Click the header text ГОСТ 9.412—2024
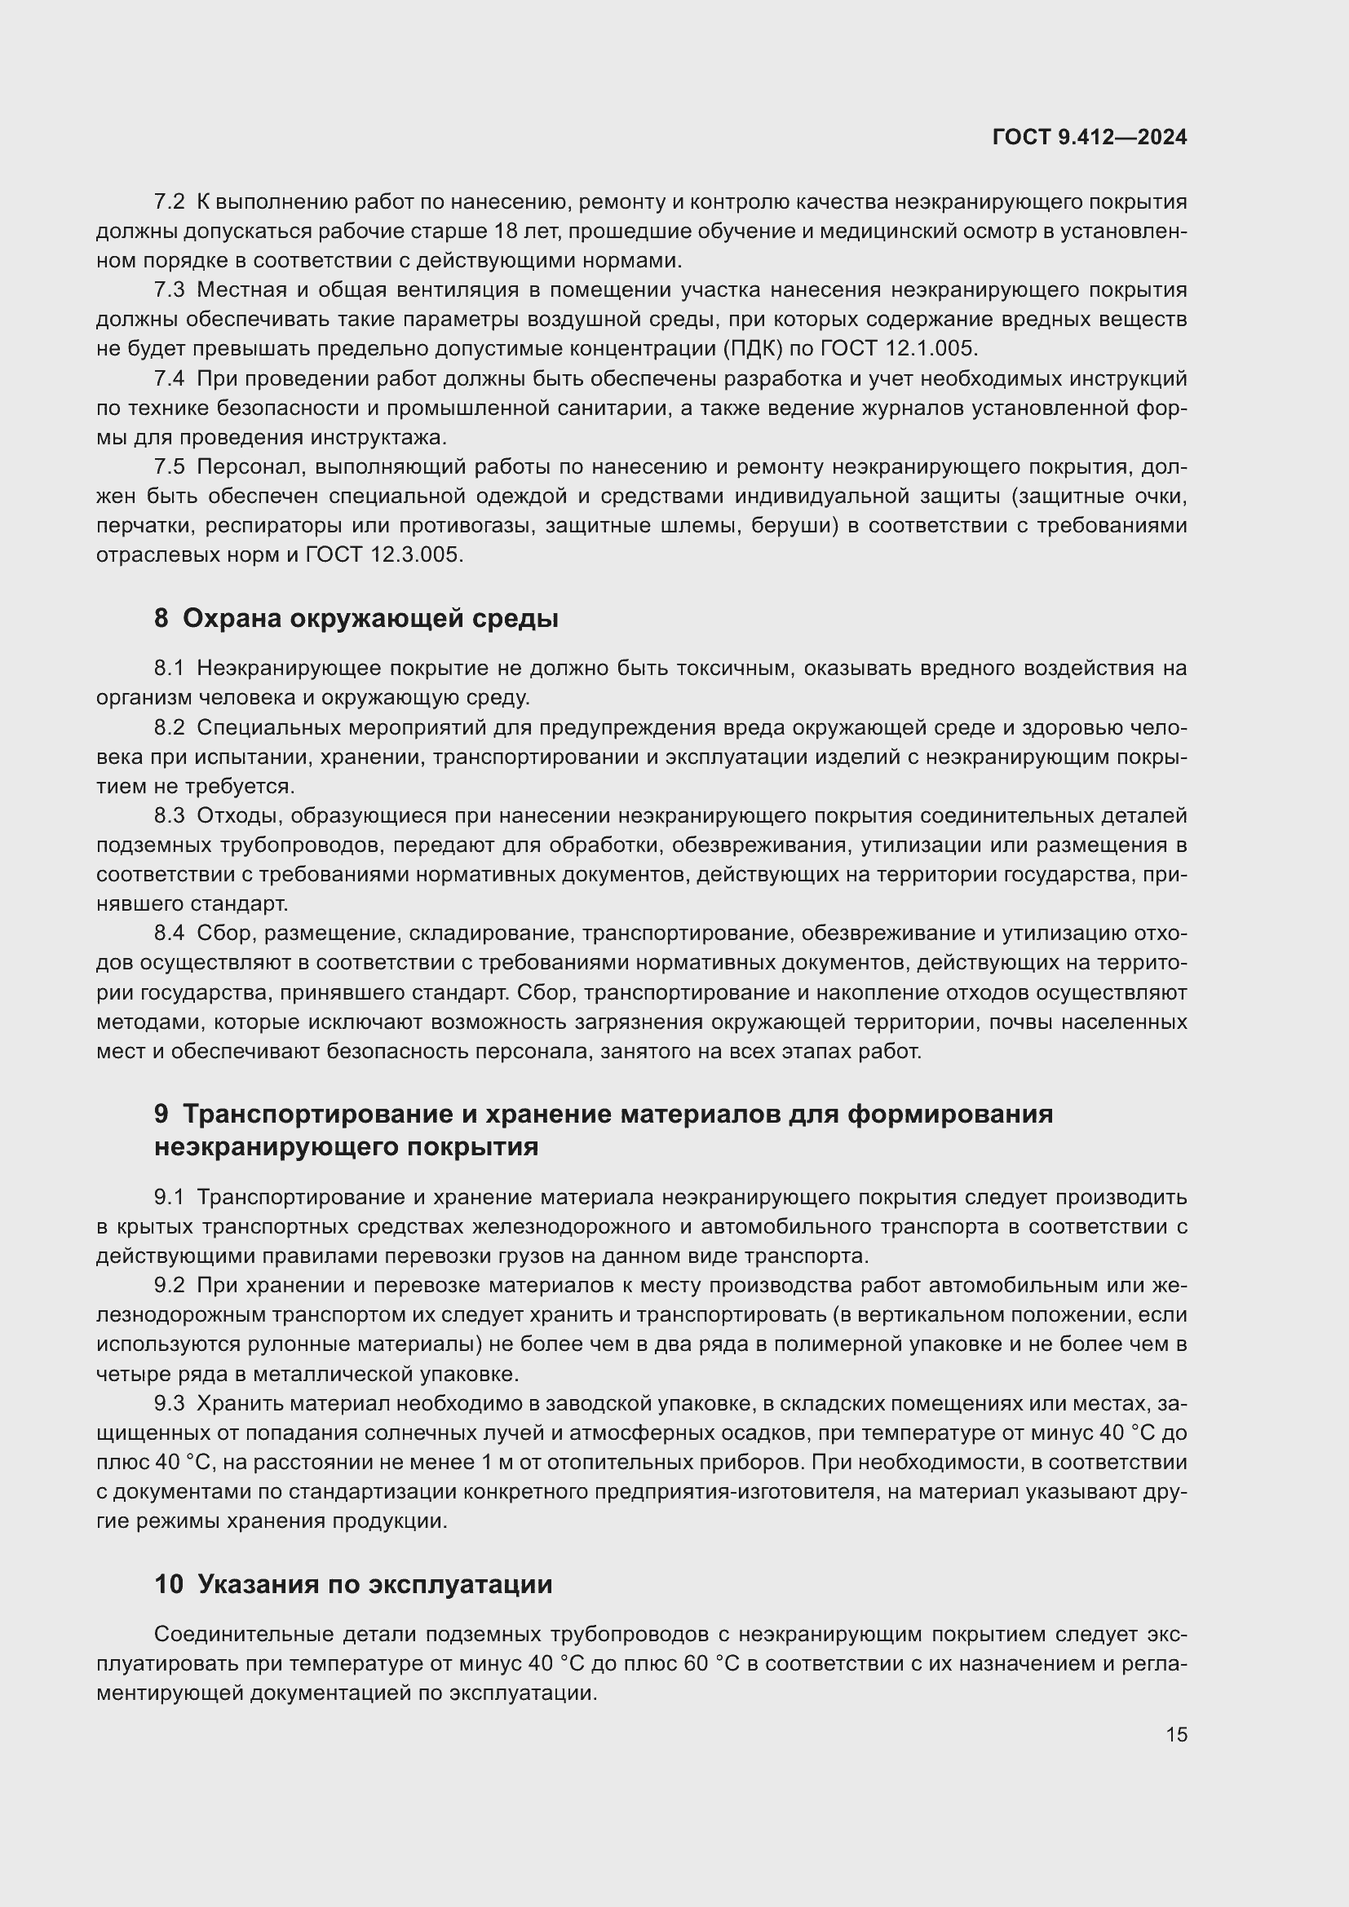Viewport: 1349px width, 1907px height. (x=1089, y=138)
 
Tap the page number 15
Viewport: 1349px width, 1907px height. (x=1176, y=1734)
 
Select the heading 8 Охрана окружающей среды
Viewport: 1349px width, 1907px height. (x=356, y=618)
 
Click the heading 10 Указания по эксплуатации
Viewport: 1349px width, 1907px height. (x=353, y=1584)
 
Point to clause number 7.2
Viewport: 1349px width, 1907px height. (x=169, y=202)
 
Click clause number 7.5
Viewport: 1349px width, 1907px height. (x=169, y=468)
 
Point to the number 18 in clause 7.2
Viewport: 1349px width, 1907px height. (x=506, y=231)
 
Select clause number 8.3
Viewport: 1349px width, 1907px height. (x=169, y=816)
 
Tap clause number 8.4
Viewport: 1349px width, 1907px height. (x=169, y=934)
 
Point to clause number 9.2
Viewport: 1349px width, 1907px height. (x=169, y=1286)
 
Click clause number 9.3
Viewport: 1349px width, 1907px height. (x=169, y=1404)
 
